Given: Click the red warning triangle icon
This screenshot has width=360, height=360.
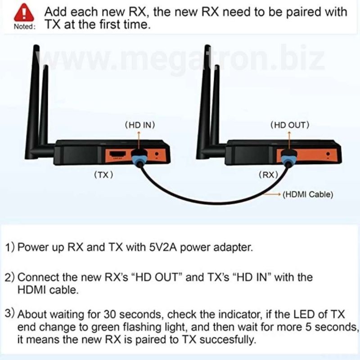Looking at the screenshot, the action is [24, 13].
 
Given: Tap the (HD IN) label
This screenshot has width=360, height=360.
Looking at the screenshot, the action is [140, 125].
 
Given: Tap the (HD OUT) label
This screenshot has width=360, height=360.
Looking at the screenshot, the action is [290, 125].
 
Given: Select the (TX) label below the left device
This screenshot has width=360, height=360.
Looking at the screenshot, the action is [104, 175].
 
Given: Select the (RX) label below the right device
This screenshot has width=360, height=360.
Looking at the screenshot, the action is [268, 175].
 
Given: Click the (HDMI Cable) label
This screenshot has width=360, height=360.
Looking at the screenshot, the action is [308, 194].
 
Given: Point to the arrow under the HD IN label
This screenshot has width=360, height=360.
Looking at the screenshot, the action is [139, 141].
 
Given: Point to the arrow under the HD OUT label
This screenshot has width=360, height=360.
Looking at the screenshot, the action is [289, 140].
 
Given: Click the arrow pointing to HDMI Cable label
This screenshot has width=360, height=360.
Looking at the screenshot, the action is [272, 194].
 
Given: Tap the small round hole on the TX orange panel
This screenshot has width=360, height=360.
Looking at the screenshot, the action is [157, 154].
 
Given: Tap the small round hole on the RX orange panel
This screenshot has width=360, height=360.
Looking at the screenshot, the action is [328, 154].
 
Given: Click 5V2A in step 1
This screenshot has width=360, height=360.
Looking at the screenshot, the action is [163, 247].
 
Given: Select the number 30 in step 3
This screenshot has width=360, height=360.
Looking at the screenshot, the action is [110, 314].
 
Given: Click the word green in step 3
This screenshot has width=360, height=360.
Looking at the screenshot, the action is [105, 328].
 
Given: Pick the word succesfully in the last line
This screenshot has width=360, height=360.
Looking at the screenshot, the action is [228, 340].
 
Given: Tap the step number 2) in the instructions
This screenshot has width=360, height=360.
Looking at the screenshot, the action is [9, 277].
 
